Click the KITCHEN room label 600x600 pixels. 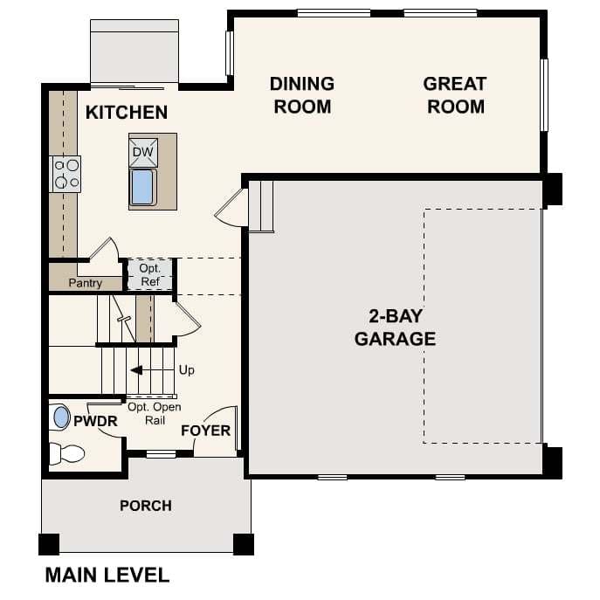pyautogui.click(x=127, y=113)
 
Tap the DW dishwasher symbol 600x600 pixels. pyautogui.click(x=142, y=152)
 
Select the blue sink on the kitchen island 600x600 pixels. pyautogui.click(x=142, y=187)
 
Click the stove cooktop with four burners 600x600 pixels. pyautogui.click(x=66, y=173)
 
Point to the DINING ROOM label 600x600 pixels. pyautogui.click(x=301, y=95)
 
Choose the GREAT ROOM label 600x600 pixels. pyautogui.click(x=454, y=95)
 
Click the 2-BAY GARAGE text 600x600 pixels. pyautogui.click(x=395, y=327)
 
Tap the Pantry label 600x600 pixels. pyautogui.click(x=85, y=283)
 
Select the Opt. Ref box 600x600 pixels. pyautogui.click(x=149, y=274)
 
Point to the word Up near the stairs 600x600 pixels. pyautogui.click(x=186, y=370)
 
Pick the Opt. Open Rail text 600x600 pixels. pyautogui.click(x=155, y=413)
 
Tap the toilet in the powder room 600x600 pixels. pyautogui.click(x=66, y=453)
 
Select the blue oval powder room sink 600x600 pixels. pyautogui.click(x=61, y=417)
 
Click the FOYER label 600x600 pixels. pyautogui.click(x=206, y=431)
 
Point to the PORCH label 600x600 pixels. pyautogui.click(x=146, y=506)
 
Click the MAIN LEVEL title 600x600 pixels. pyautogui.click(x=107, y=576)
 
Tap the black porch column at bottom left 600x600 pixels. pyautogui.click(x=49, y=544)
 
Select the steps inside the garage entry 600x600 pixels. pyautogui.click(x=262, y=206)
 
